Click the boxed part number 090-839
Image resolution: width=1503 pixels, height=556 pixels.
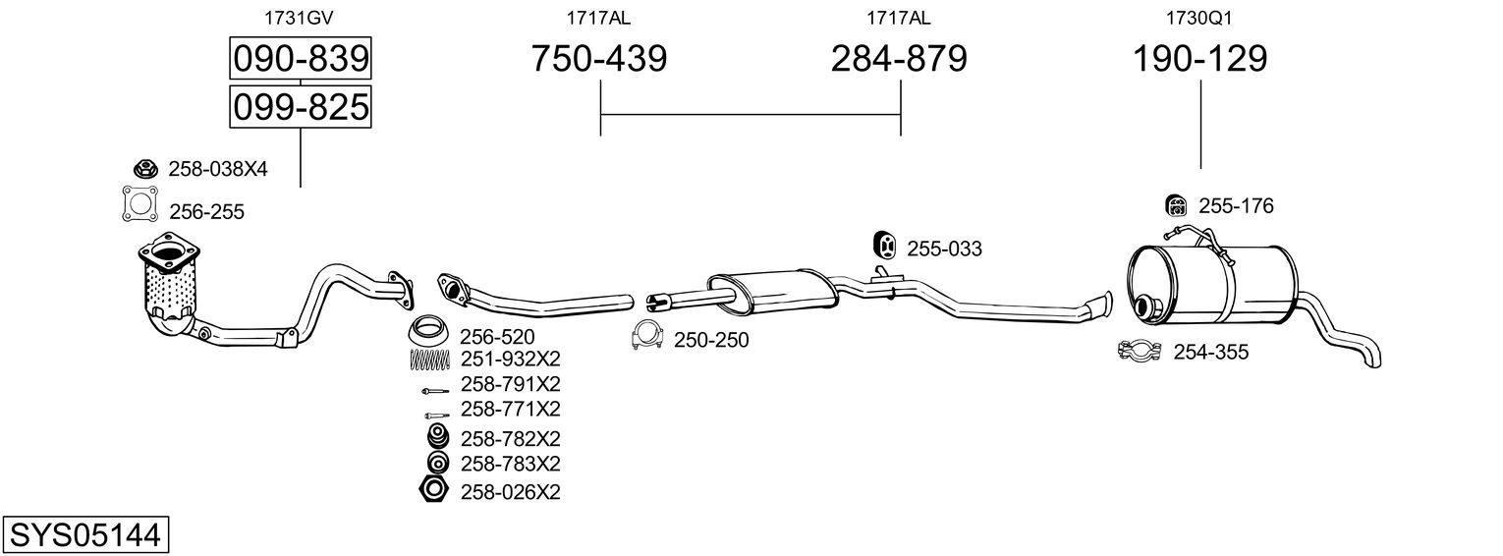click(300, 59)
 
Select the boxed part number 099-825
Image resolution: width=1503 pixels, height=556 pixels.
click(300, 106)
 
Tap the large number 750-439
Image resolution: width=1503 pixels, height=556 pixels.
click(598, 59)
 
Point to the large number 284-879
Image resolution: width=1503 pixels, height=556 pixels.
click(899, 59)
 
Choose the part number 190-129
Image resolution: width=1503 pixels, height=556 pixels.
click(1199, 59)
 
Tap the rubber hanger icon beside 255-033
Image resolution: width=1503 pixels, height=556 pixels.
click(884, 247)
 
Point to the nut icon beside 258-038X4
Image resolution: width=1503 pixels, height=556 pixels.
click(144, 168)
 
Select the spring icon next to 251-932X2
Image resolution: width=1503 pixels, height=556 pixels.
click(428, 360)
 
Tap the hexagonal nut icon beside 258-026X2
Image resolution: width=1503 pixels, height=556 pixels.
click(432, 490)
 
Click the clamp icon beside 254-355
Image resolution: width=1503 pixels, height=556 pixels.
click(1141, 351)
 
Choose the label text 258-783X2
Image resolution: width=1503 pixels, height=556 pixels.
click(510, 463)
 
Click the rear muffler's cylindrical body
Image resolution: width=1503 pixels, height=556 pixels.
click(1218, 283)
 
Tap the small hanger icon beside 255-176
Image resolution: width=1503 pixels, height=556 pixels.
click(1175, 205)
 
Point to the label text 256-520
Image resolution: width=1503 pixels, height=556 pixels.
click(497, 337)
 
